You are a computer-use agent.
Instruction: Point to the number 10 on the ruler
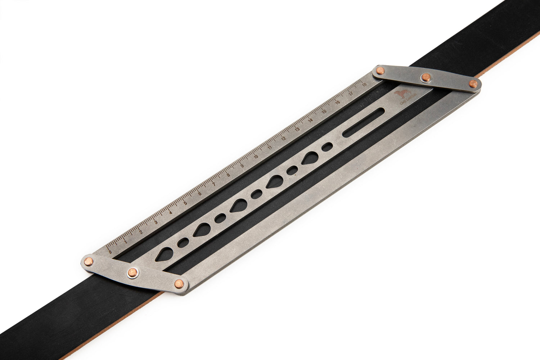[x=256, y=157]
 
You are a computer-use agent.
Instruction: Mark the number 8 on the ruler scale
[x=228, y=175]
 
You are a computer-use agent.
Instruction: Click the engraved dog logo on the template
[x=402, y=94]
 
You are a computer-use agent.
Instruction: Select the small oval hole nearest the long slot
[x=327, y=146]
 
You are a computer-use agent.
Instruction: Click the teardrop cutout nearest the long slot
[x=310, y=158]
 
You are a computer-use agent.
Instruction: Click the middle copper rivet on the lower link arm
[x=132, y=273]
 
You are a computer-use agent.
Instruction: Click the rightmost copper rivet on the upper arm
[x=473, y=84]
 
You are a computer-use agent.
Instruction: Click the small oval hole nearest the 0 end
[x=183, y=242]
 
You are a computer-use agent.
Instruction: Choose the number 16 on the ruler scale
[x=338, y=103]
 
